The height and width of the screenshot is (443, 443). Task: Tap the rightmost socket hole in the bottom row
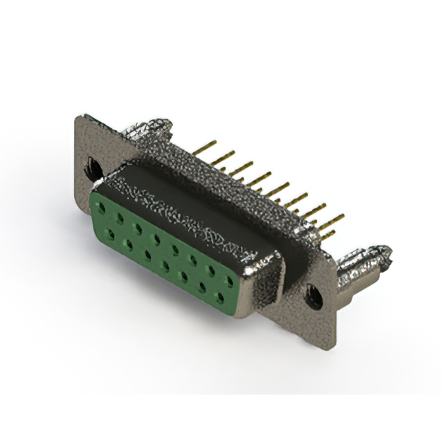221,298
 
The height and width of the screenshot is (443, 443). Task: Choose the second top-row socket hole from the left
122,221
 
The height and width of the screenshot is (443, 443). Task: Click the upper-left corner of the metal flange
78,116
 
